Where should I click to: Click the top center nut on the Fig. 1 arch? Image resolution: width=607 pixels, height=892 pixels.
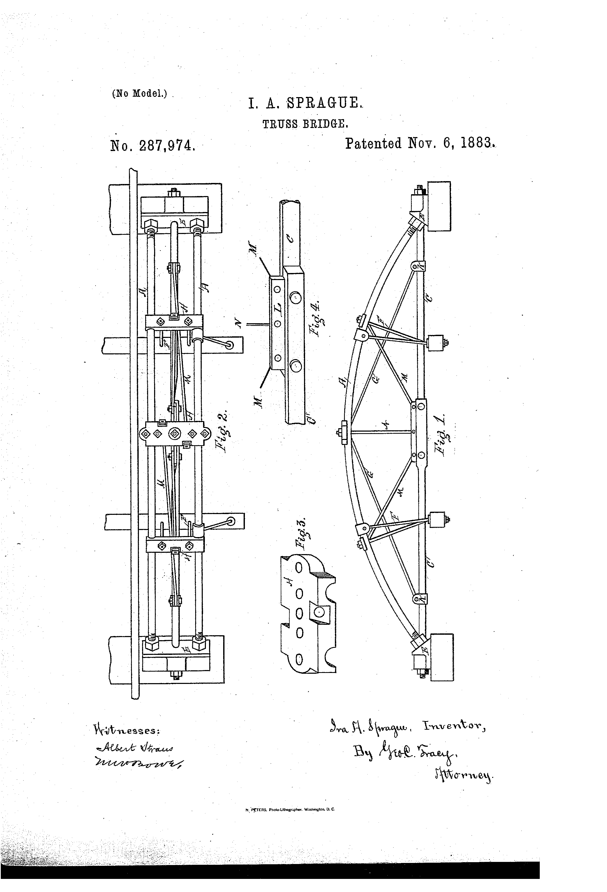342,432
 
